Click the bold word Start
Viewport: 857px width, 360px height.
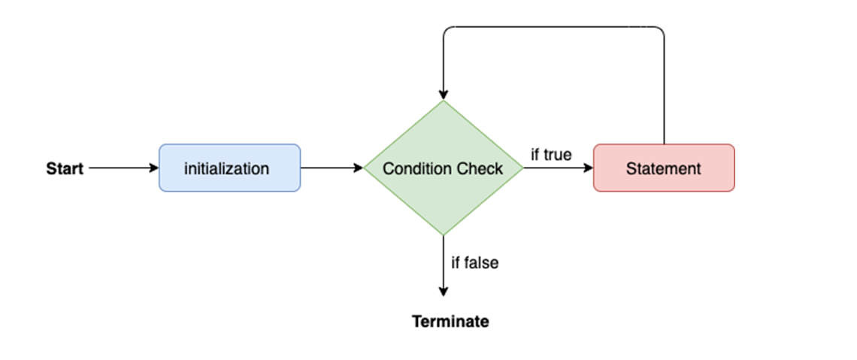(x=65, y=169)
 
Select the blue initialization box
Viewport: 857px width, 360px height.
(x=229, y=168)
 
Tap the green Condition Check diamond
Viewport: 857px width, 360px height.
(x=444, y=168)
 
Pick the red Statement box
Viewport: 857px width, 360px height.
(x=664, y=168)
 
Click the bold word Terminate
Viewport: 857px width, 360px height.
(x=450, y=321)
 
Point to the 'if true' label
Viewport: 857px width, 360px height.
(x=551, y=155)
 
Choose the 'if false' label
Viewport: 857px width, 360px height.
(x=475, y=262)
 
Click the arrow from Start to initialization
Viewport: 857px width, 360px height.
(x=123, y=168)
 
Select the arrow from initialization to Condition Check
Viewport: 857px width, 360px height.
(x=332, y=168)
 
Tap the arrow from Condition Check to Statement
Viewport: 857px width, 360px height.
(x=558, y=168)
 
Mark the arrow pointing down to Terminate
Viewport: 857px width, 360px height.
(x=444, y=266)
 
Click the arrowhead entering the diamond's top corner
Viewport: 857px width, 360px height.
(x=444, y=95)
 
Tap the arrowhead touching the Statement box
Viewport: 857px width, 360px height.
(x=589, y=168)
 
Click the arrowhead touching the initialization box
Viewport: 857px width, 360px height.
(x=153, y=168)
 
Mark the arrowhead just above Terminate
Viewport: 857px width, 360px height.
(x=444, y=292)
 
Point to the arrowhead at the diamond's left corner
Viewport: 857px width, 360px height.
(x=359, y=168)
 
